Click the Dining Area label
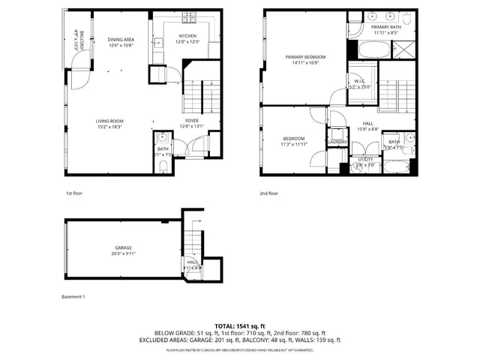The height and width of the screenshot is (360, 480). click(x=121, y=42)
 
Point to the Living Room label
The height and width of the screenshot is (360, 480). click(x=109, y=123)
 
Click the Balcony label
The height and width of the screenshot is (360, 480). click(x=76, y=38)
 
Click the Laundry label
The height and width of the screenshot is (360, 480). click(x=336, y=141)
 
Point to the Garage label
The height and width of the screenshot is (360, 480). click(x=124, y=250)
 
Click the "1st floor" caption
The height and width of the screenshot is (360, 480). click(x=74, y=193)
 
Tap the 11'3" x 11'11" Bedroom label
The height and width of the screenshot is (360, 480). click(x=293, y=140)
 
